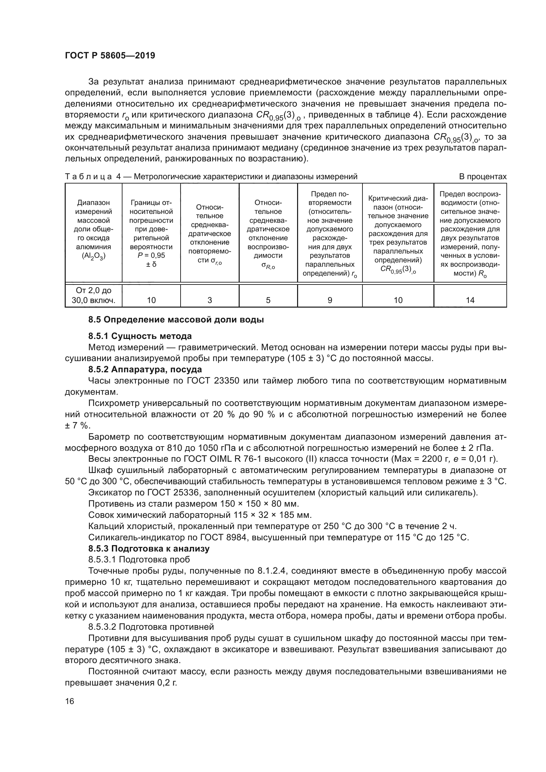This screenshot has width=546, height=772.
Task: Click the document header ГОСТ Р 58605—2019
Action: pos(110,56)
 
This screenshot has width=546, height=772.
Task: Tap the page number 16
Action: pos(70,701)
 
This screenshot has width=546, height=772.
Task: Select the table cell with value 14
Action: pos(470,300)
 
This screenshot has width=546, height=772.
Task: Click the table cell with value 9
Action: pos(329,300)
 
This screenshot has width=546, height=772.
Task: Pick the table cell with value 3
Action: pos(210,300)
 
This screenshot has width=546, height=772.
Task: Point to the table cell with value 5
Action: pos(268,300)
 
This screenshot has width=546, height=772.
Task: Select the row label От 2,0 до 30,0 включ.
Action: pos(93,295)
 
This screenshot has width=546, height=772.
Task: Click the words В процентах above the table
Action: pos(483,177)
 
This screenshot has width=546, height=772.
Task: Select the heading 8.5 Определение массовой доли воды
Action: pos(176,319)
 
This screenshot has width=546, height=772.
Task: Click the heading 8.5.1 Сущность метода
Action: pos(140,336)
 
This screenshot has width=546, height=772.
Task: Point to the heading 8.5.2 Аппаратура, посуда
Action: pos(145,370)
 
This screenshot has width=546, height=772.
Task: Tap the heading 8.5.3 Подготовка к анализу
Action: pos(149,549)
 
